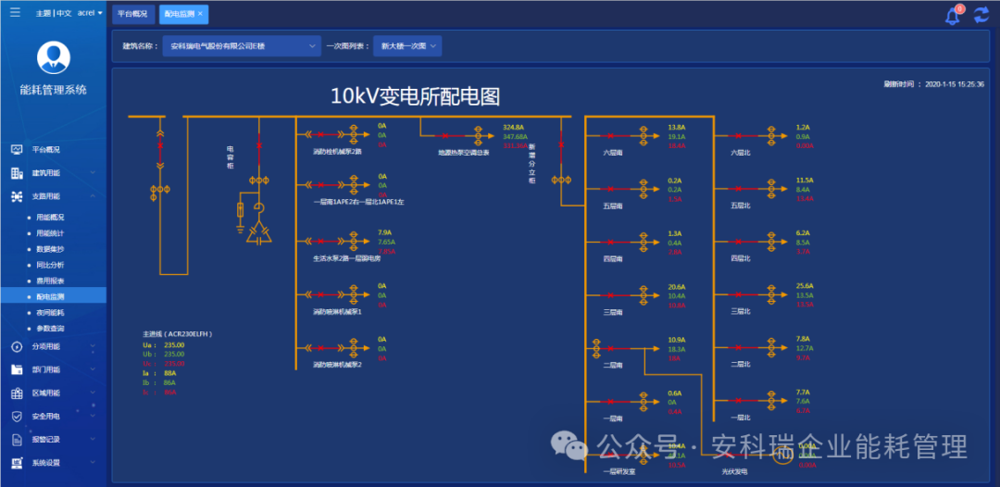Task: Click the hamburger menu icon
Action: tap(14, 13)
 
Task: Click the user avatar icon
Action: tap(53, 57)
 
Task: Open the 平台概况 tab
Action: tap(132, 14)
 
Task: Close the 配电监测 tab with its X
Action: tap(201, 14)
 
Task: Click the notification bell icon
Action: tap(952, 16)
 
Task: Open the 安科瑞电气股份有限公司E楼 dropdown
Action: tap(241, 45)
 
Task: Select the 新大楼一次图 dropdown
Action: tap(406, 45)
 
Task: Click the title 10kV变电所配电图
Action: tap(415, 95)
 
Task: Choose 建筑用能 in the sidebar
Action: tap(46, 173)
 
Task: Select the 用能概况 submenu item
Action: tap(50, 218)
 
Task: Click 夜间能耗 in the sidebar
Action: tap(50, 313)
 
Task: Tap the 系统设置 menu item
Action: tap(46, 463)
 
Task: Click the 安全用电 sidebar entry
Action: tap(46, 417)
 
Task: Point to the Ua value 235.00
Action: tap(174, 344)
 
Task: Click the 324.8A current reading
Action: tap(514, 127)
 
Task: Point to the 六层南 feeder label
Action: tap(613, 152)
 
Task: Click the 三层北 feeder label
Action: tap(741, 311)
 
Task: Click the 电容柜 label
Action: tap(231, 156)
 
